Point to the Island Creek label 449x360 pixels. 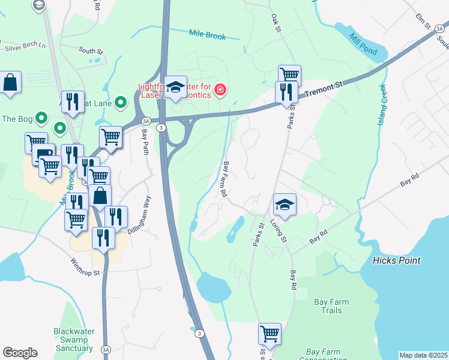(x=382, y=105)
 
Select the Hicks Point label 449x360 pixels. (x=396, y=260)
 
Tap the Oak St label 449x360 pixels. (x=276, y=24)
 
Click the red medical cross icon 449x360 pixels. (x=221, y=90)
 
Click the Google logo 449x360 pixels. (x=20, y=353)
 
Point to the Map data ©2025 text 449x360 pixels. (x=423, y=355)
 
